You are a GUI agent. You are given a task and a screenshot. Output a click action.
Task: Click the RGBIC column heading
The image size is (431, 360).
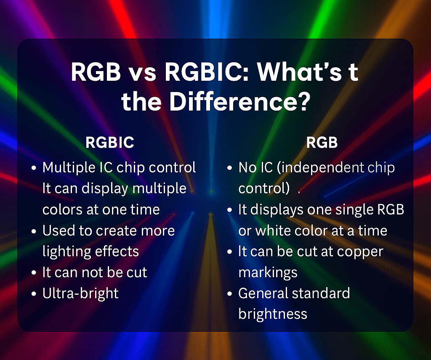(110, 143)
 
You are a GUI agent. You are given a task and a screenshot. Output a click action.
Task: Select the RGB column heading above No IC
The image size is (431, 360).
(322, 143)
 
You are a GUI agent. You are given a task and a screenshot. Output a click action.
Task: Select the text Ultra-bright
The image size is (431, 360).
(80, 293)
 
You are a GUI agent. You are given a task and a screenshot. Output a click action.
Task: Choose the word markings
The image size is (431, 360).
(268, 272)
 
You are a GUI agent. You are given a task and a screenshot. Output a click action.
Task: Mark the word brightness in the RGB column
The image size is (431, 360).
(273, 314)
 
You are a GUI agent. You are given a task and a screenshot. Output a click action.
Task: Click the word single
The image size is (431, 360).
(345, 209)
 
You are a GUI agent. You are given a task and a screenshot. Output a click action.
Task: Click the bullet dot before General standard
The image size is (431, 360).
(230, 294)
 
